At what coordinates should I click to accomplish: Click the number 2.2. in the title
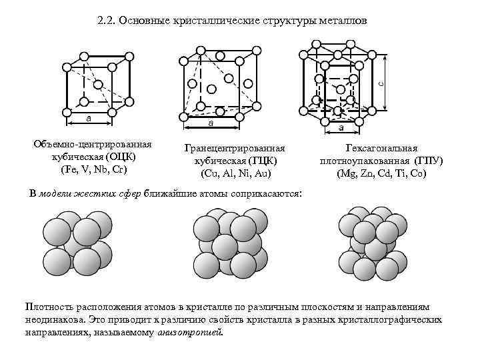coord(105,22)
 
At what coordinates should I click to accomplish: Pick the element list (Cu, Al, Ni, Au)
coord(235,174)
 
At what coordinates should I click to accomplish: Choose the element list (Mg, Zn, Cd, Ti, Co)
coord(381,174)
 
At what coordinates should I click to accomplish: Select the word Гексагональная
coord(381,149)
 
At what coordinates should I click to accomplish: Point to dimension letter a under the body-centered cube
coord(89,117)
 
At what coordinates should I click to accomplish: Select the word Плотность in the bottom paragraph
coord(49,306)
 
